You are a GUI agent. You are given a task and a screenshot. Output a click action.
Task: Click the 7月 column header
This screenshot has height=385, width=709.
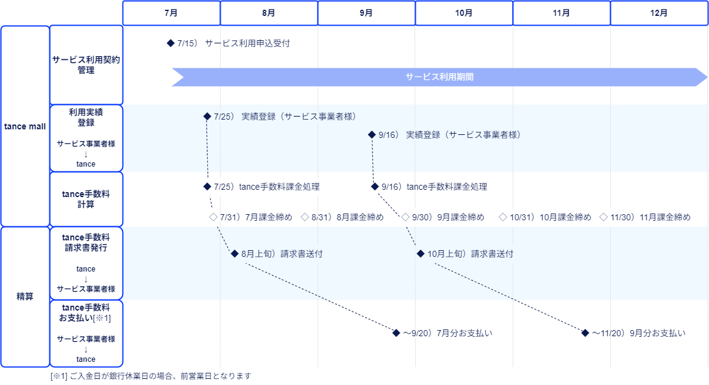pyautogui.click(x=171, y=13)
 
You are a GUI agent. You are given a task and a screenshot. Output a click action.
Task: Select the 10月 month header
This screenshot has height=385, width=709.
pyautogui.click(x=464, y=13)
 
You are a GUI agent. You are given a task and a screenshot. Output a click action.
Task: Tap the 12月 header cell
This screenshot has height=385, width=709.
pyautogui.click(x=659, y=13)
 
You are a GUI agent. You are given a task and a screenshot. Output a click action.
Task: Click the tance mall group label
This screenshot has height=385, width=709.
pyautogui.click(x=25, y=126)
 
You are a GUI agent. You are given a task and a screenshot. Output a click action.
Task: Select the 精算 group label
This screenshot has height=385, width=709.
pyautogui.click(x=25, y=297)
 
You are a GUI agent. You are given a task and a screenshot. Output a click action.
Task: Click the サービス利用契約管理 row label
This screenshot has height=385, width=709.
pyautogui.click(x=86, y=65)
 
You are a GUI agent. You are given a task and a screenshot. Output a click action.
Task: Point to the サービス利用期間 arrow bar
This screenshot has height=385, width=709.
pyautogui.click(x=439, y=77)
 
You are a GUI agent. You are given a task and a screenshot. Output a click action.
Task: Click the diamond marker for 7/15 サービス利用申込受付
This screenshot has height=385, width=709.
pyautogui.click(x=171, y=44)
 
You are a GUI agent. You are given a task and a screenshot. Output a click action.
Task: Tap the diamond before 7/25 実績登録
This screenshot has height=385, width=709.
pyautogui.click(x=207, y=117)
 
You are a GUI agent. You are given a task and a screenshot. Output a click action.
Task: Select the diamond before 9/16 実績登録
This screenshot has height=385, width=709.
pyautogui.click(x=371, y=135)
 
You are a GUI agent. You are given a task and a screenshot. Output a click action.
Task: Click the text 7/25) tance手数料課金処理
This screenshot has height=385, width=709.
pyautogui.click(x=267, y=187)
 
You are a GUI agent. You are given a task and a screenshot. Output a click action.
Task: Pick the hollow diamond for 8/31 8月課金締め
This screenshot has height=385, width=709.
pyautogui.click(x=305, y=217)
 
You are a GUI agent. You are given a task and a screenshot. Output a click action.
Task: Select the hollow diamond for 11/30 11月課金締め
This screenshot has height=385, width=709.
pyautogui.click(x=604, y=217)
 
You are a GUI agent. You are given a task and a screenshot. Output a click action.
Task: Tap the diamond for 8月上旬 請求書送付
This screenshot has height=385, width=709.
pyautogui.click(x=235, y=254)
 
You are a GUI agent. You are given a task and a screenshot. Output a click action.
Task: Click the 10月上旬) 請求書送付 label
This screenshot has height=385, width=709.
pyautogui.click(x=470, y=254)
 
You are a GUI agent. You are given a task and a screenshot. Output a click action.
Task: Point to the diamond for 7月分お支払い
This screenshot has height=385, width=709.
pyautogui.click(x=396, y=333)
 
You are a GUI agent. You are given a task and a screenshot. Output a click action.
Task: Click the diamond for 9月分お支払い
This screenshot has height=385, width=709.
pyautogui.click(x=586, y=333)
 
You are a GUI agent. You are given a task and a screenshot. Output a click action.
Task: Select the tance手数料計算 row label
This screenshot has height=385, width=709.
pyautogui.click(x=86, y=199)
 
